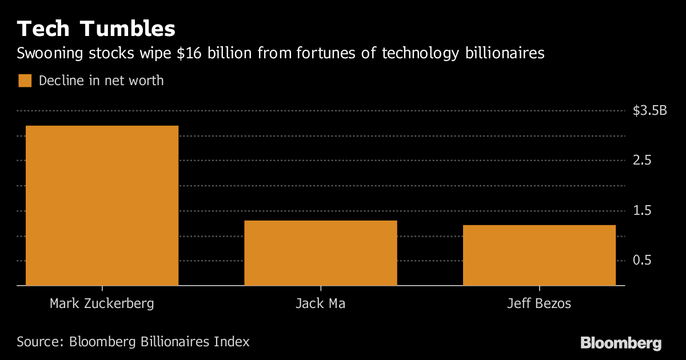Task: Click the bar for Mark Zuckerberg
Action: [x=102, y=205]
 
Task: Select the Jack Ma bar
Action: [x=320, y=253]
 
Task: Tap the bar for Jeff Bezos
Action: [x=539, y=255]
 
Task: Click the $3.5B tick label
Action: [x=650, y=111]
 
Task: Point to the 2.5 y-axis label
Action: [x=643, y=161]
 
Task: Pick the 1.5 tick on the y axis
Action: [x=643, y=211]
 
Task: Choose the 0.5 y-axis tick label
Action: [x=643, y=261]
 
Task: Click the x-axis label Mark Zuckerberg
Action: [x=102, y=303]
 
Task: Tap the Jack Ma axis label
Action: [x=320, y=303]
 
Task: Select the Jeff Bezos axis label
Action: [x=539, y=303]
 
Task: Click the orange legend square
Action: [x=25, y=81]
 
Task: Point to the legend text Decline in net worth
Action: [x=101, y=81]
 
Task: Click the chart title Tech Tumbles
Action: [x=96, y=29]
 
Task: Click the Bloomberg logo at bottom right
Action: [x=621, y=343]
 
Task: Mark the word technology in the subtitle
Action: [x=420, y=54]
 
